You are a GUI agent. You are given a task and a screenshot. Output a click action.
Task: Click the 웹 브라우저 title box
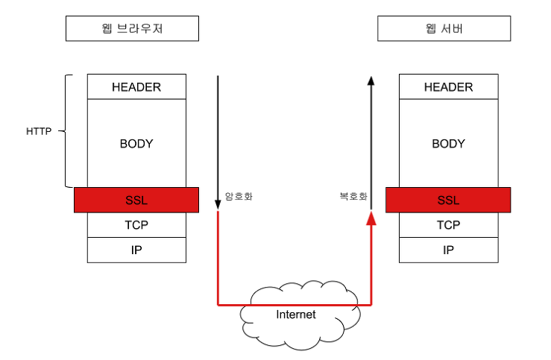coord(132,29)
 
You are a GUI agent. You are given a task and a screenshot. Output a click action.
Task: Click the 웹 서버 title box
coord(444,29)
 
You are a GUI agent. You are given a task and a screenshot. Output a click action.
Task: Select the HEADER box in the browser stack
coord(136,87)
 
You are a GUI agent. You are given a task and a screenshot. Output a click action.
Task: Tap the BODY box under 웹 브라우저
coord(136,143)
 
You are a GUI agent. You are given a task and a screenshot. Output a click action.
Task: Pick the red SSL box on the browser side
coord(136,200)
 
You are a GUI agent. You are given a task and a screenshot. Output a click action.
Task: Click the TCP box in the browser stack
coord(136,225)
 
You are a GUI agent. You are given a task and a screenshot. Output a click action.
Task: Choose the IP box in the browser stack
coord(136,250)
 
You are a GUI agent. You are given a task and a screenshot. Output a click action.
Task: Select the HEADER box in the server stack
coord(448,87)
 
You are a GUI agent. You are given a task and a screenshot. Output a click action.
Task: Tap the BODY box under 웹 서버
coord(448,143)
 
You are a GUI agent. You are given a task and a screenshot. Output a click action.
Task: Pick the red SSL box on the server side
coord(448,200)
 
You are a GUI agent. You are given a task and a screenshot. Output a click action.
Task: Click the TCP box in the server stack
coord(448,225)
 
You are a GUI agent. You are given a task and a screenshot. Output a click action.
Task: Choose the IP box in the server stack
coord(448,250)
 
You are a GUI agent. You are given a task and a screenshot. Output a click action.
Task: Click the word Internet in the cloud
coord(296,315)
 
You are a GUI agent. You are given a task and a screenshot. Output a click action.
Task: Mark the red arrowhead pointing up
coord(371,217)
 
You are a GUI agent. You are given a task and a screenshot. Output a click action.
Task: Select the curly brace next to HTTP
coord(66,131)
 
